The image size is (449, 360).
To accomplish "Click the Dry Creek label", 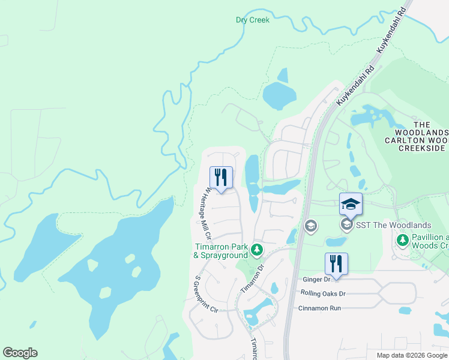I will pos(253,20).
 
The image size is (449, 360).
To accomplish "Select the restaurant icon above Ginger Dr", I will pos(336,264).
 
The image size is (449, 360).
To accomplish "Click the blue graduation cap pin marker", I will pos(351,205).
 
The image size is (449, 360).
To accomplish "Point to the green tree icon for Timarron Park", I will pos(257,249).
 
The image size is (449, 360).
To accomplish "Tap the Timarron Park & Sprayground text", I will pos(220,251).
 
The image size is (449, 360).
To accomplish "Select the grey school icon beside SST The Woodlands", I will pos(346,225).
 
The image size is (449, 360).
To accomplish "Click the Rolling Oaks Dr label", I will pos(325,293).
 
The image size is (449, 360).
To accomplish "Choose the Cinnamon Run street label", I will pos(319,308).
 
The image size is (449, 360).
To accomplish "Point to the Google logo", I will pos(20,353).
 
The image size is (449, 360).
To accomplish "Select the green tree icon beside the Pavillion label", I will pos(402,241).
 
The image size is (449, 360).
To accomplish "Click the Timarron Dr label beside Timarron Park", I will pos(253,279).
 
